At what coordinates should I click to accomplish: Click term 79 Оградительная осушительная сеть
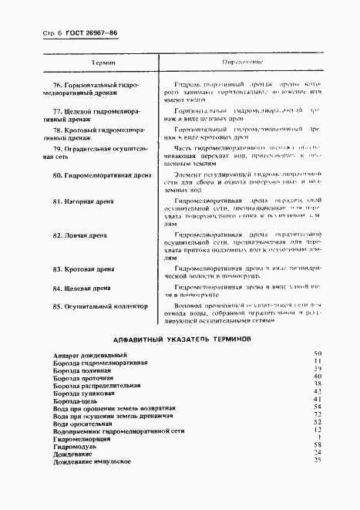pyautogui.click(x=93, y=152)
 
